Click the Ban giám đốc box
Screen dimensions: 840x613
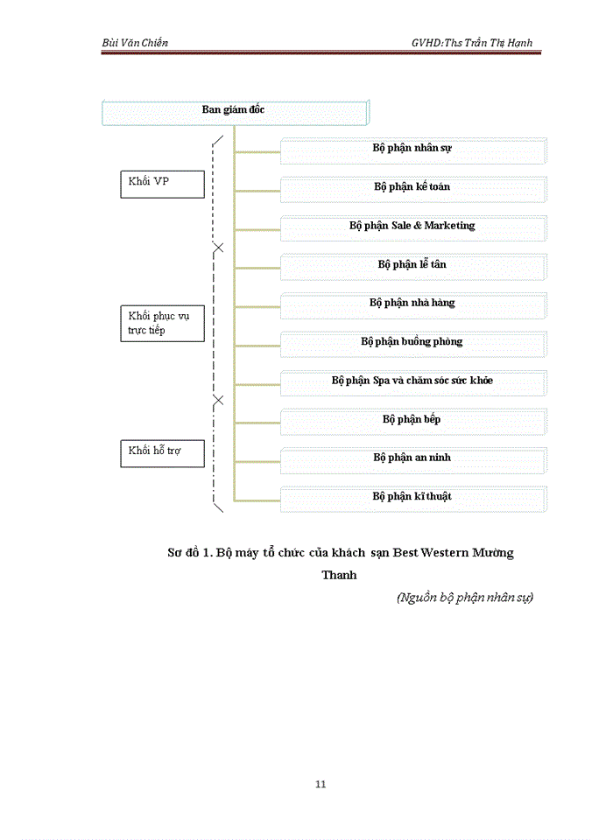point(234,113)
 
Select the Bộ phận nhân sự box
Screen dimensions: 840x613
point(413,150)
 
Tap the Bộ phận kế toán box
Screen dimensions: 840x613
point(413,188)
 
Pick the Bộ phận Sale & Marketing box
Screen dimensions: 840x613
point(413,227)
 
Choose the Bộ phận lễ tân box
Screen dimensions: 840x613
point(413,265)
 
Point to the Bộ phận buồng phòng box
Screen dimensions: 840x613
point(413,343)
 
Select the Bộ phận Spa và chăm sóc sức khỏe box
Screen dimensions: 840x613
point(413,381)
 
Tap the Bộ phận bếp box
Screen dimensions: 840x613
point(413,420)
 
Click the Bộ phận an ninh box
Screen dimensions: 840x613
point(413,458)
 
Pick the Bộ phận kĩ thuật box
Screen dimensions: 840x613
point(413,497)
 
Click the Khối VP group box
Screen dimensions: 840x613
point(162,184)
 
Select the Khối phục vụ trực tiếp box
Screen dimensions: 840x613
point(162,323)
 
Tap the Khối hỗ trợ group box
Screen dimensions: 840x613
point(162,453)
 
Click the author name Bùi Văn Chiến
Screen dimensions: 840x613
point(135,43)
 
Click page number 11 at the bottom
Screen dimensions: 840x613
point(321,784)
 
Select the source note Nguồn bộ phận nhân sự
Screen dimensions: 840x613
point(464,598)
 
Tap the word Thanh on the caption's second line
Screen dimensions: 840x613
point(339,576)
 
